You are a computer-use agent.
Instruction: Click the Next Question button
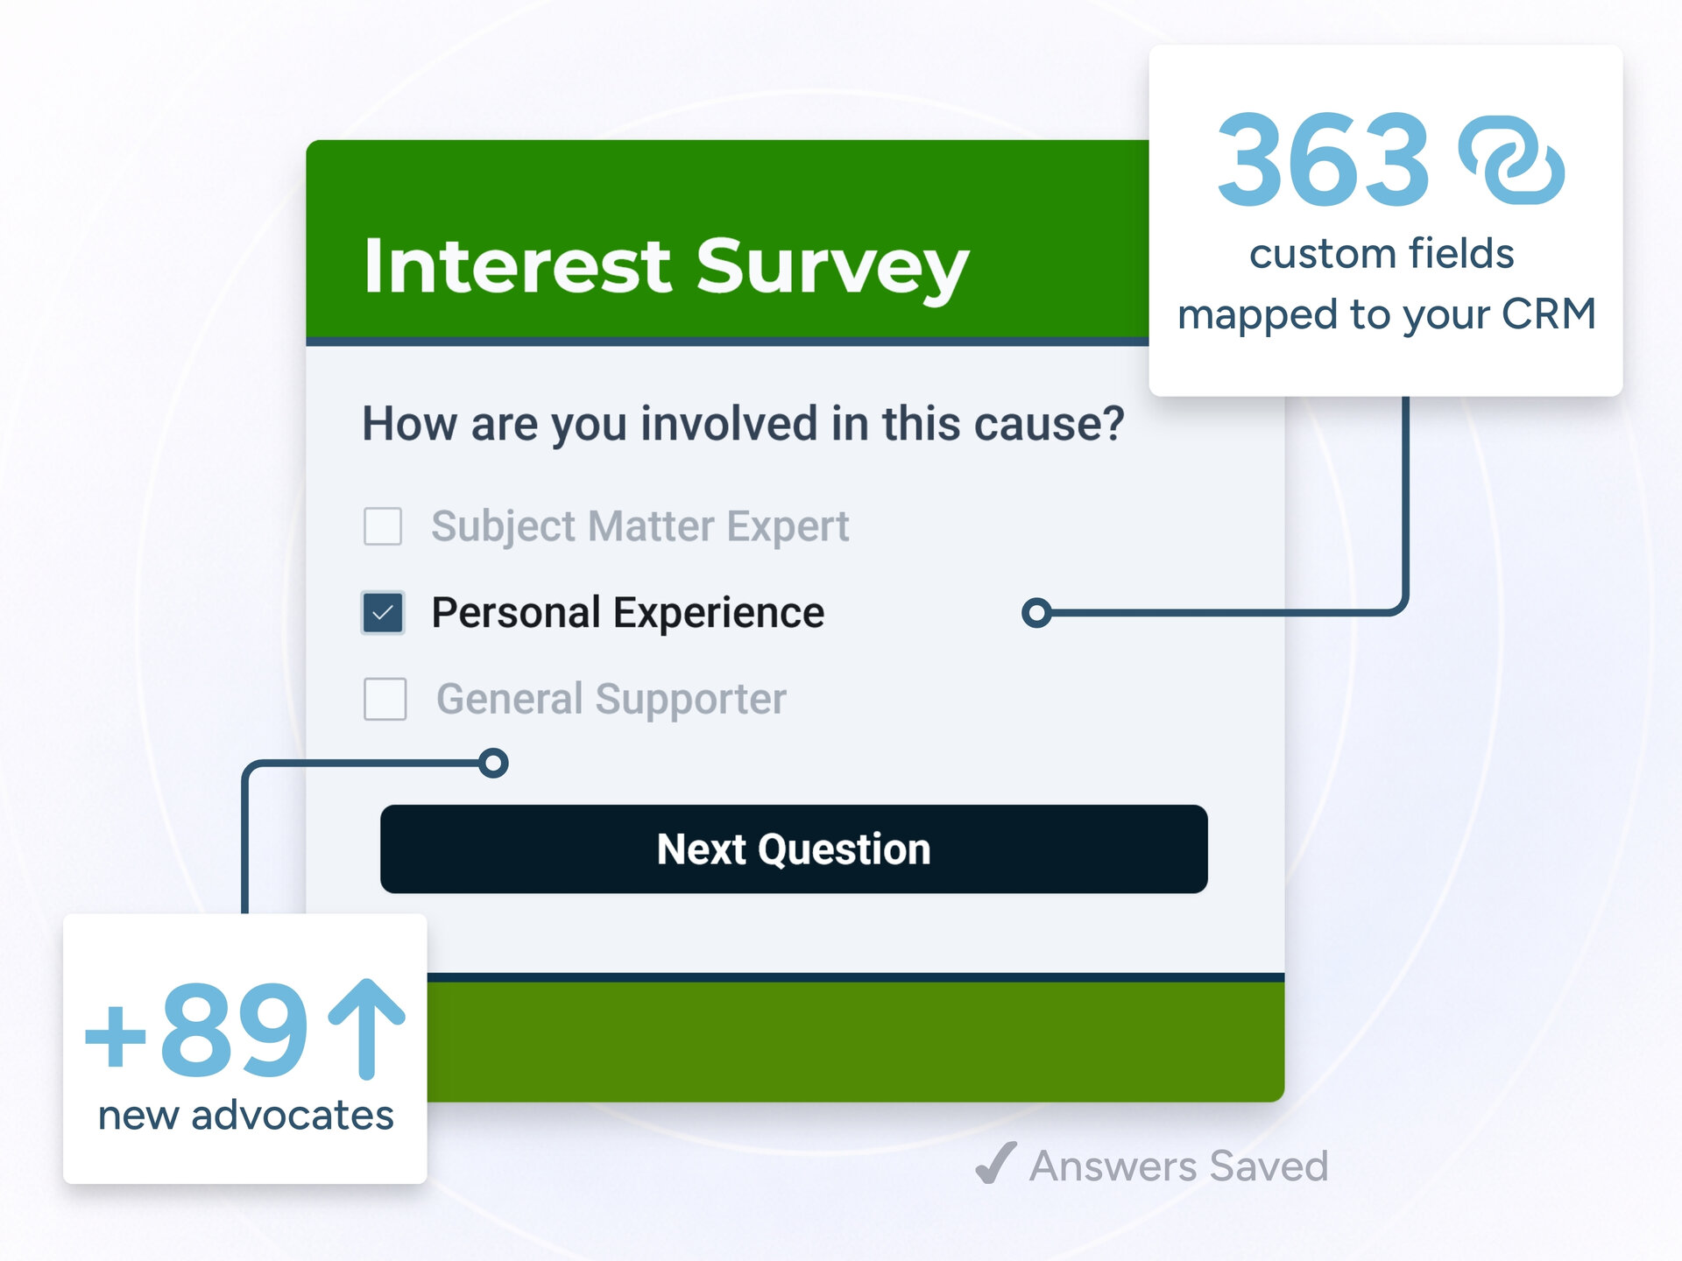[794, 849]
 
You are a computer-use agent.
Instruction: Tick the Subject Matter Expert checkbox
[383, 526]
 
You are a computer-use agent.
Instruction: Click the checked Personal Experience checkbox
[383, 613]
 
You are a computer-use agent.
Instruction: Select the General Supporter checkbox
[385, 699]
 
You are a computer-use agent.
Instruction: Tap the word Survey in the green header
[832, 267]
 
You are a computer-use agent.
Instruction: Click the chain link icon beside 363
[1511, 160]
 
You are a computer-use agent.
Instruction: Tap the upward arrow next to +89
[366, 1028]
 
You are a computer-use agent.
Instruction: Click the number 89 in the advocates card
[234, 1030]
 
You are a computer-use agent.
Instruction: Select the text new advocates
[245, 1116]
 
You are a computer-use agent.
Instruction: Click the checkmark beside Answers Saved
[996, 1163]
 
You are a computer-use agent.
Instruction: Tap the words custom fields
[1382, 254]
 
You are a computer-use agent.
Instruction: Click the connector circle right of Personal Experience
[1036, 613]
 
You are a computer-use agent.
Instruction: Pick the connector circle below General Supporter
[494, 763]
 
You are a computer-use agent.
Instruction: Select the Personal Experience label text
[627, 613]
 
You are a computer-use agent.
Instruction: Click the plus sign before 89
[115, 1036]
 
